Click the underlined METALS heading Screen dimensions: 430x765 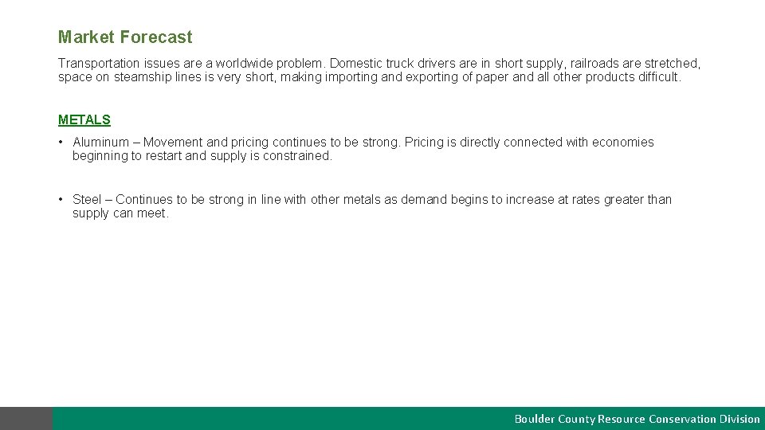point(84,120)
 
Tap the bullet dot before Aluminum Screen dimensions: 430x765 point(61,143)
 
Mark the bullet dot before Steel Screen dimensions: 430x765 point(61,200)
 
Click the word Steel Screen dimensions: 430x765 point(88,200)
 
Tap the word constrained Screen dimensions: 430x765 point(298,156)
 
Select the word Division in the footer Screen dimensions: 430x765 point(740,419)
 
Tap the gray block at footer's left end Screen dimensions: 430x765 point(26,419)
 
